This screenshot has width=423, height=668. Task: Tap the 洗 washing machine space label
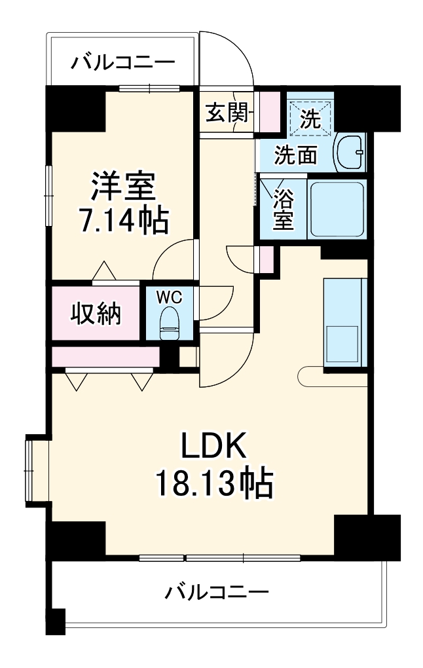pos(311,118)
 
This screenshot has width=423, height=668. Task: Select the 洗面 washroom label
pos(295,155)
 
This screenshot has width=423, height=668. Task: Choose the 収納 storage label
pos(96,314)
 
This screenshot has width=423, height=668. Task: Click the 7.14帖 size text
pos(124,222)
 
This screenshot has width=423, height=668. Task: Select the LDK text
pos(213,447)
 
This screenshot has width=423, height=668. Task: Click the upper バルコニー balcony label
pos(123,63)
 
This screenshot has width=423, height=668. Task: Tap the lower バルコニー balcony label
pos(216,593)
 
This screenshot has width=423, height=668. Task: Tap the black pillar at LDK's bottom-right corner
pos(367,536)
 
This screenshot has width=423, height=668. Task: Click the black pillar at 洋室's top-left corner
pos(75,107)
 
